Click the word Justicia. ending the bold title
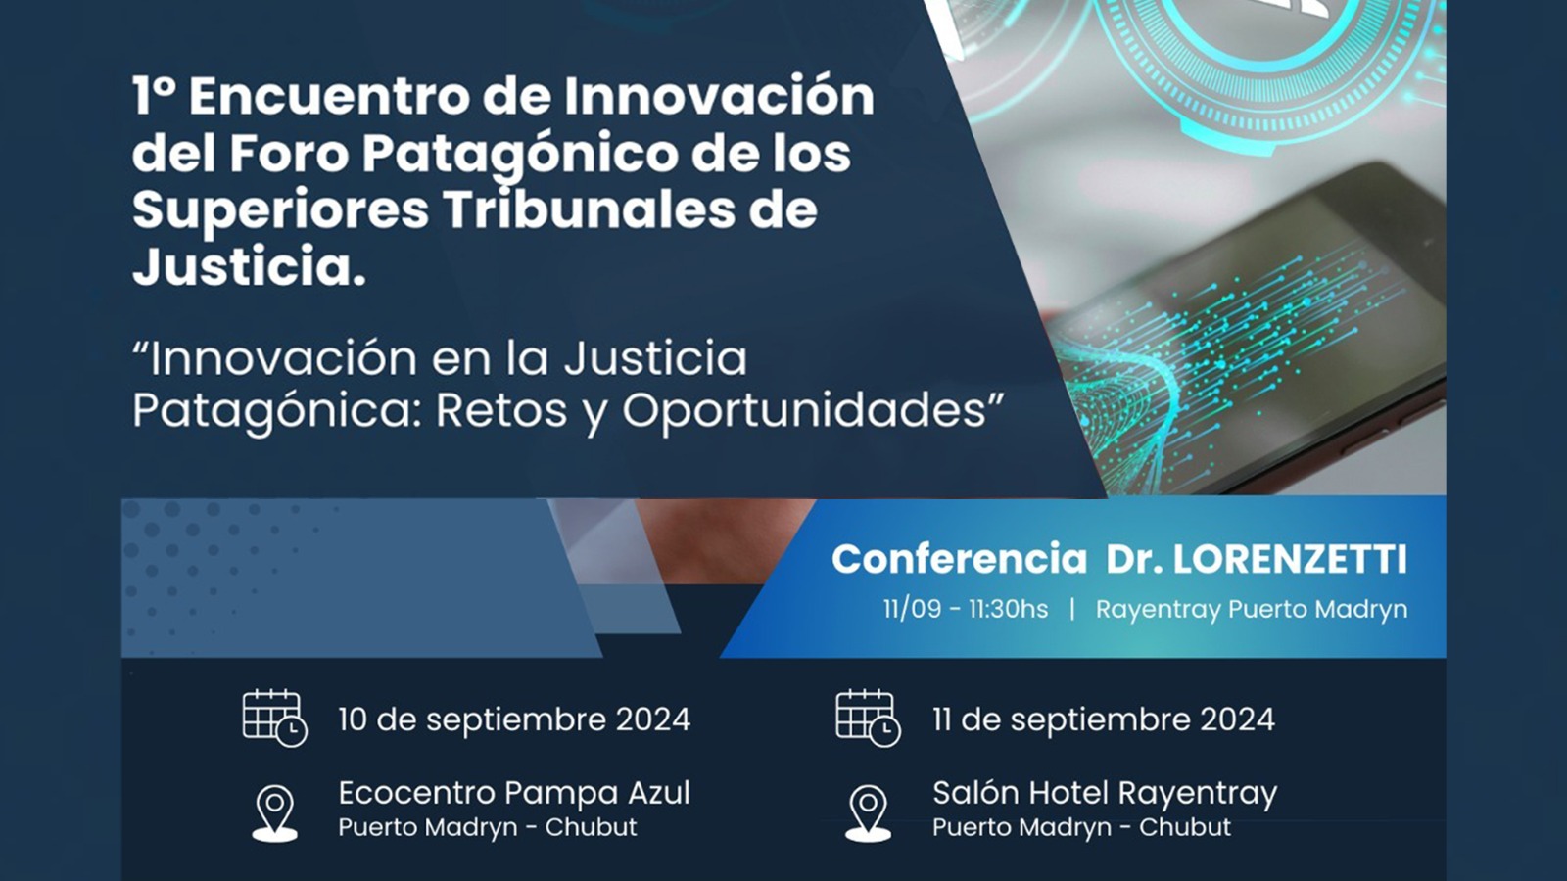tap(249, 265)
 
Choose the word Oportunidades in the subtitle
tap(804, 412)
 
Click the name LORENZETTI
tap(1289, 559)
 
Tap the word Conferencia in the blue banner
tap(959, 559)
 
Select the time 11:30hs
tap(1008, 609)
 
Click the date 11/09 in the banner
tap(912, 609)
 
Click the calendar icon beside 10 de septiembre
tap(274, 719)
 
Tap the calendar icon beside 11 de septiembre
tap(868, 719)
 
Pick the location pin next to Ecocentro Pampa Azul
tap(275, 813)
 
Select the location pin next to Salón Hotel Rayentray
tap(868, 813)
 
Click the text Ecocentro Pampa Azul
tap(514, 794)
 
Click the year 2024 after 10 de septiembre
tap(652, 720)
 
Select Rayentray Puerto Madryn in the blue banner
tap(1252, 610)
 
